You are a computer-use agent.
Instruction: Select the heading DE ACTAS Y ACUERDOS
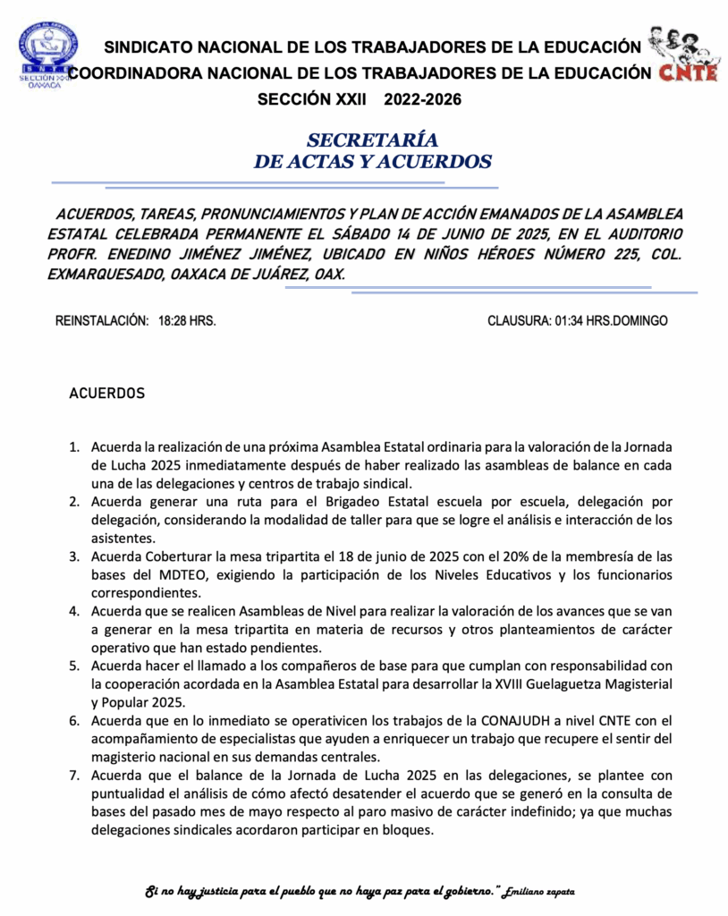(372, 162)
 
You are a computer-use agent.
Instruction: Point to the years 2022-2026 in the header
(423, 100)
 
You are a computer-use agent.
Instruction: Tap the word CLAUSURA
(514, 320)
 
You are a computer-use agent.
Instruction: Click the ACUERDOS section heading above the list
(106, 394)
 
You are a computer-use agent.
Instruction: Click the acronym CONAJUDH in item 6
(503, 721)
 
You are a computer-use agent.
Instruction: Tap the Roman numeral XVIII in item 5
(478, 683)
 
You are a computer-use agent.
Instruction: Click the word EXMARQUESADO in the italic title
(99, 275)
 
